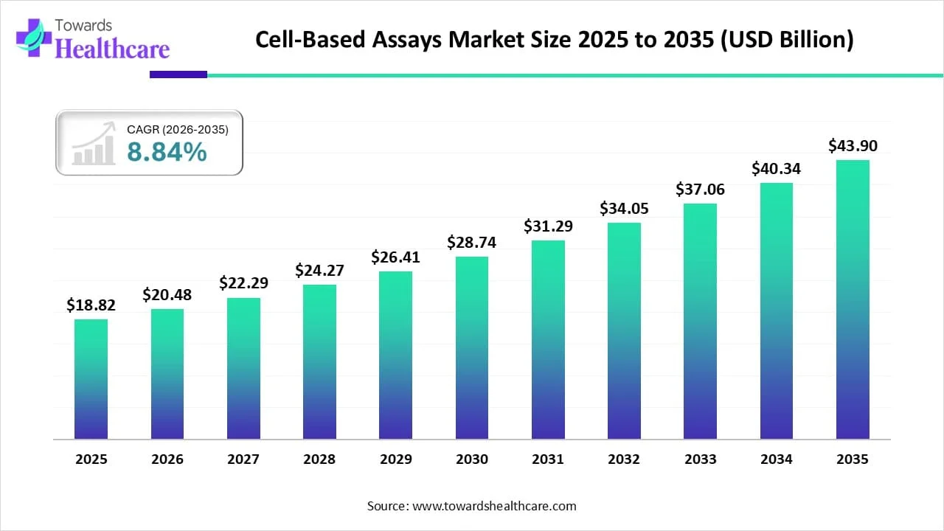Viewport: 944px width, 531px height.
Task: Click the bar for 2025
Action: [x=91, y=379]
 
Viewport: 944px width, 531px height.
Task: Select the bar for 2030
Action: [x=472, y=348]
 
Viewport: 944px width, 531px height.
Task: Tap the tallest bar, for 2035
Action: [x=853, y=299]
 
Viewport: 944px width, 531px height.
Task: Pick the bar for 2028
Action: [x=319, y=362]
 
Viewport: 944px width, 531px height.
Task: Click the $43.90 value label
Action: [x=853, y=146]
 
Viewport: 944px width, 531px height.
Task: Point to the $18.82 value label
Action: [x=91, y=305]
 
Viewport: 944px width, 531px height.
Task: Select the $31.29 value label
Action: [x=548, y=226]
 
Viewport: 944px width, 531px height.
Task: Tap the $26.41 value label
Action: [x=395, y=257]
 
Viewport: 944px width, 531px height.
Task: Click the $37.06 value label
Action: [x=700, y=190]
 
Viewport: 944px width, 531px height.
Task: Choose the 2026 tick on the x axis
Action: [x=167, y=459]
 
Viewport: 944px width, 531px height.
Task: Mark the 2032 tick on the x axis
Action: [x=624, y=459]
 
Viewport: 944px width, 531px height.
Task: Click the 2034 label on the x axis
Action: [x=777, y=459]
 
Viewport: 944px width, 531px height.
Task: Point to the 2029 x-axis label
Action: [x=395, y=459]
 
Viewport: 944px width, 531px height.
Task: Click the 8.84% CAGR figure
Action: [x=167, y=152]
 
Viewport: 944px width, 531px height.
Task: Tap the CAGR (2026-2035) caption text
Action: [x=178, y=130]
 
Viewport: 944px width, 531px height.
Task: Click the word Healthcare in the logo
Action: [x=112, y=49]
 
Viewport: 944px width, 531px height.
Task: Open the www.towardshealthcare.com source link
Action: [x=493, y=506]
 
